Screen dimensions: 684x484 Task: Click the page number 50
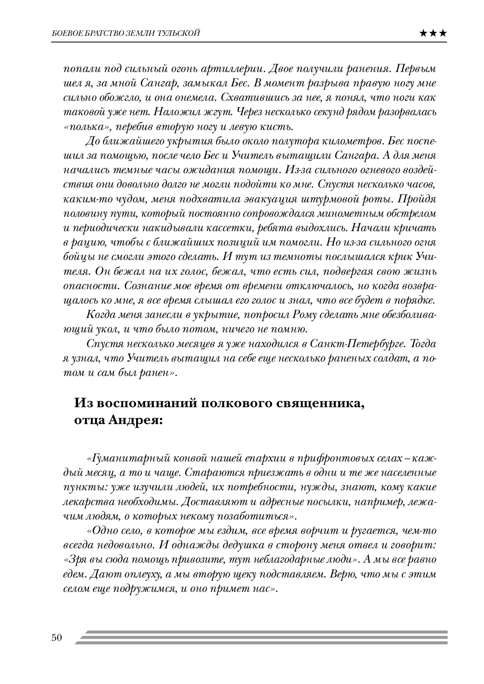pos(56,638)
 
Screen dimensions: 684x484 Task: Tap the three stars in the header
pos(434,33)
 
